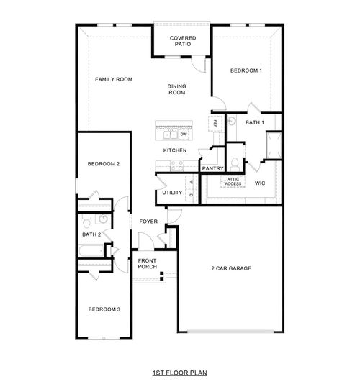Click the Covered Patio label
(181, 41)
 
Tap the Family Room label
(114, 78)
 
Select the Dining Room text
(177, 89)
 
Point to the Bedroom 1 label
(246, 70)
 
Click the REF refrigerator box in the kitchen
(215, 124)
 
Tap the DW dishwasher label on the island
(184, 134)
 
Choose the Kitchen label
(175, 150)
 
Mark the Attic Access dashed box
(234, 182)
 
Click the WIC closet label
(261, 183)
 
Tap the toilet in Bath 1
(234, 159)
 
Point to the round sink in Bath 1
(231, 123)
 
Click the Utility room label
(172, 193)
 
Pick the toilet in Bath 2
(86, 219)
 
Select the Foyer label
(148, 222)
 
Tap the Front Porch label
(147, 263)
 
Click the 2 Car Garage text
(230, 268)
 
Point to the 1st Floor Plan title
(179, 374)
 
